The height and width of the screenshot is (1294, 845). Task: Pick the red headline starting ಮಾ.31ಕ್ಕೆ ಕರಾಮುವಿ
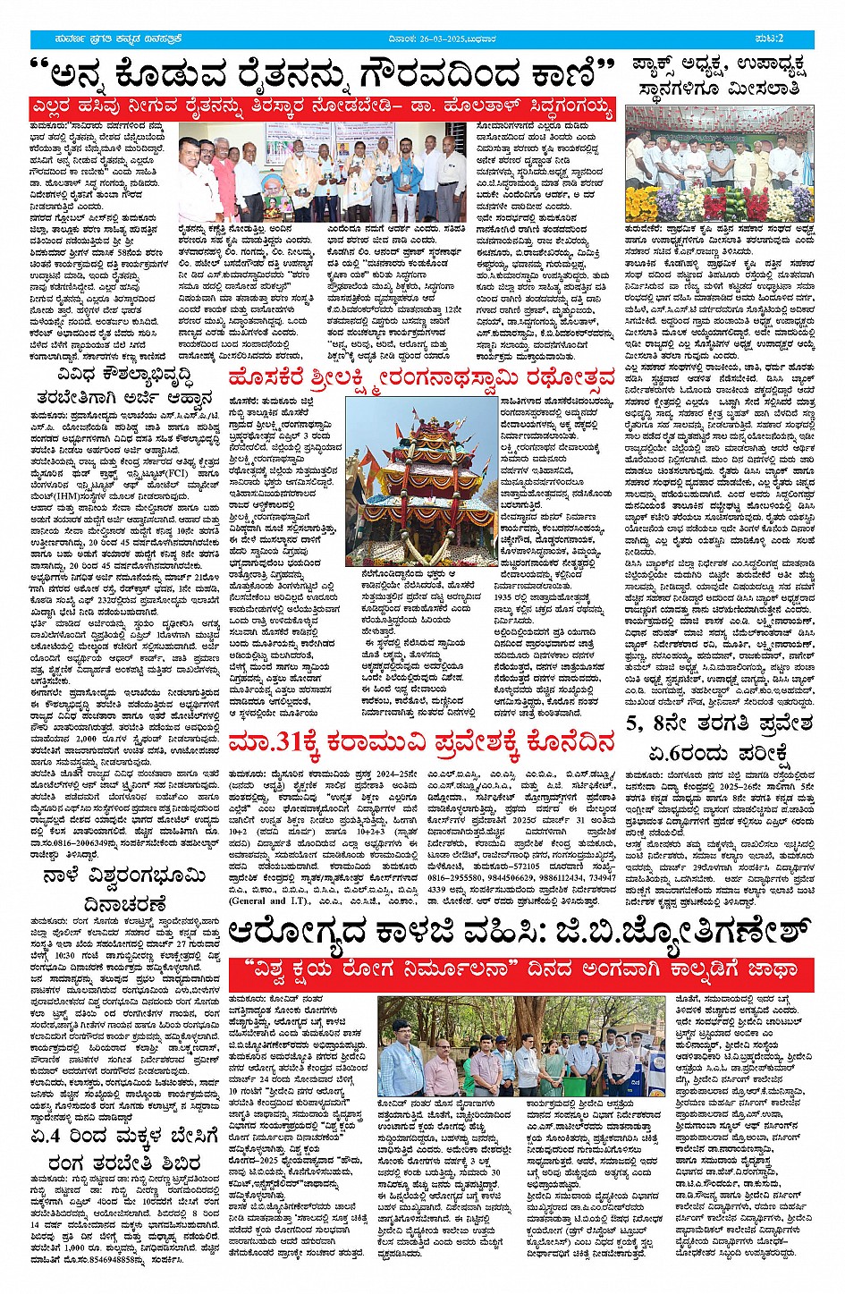point(422,742)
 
